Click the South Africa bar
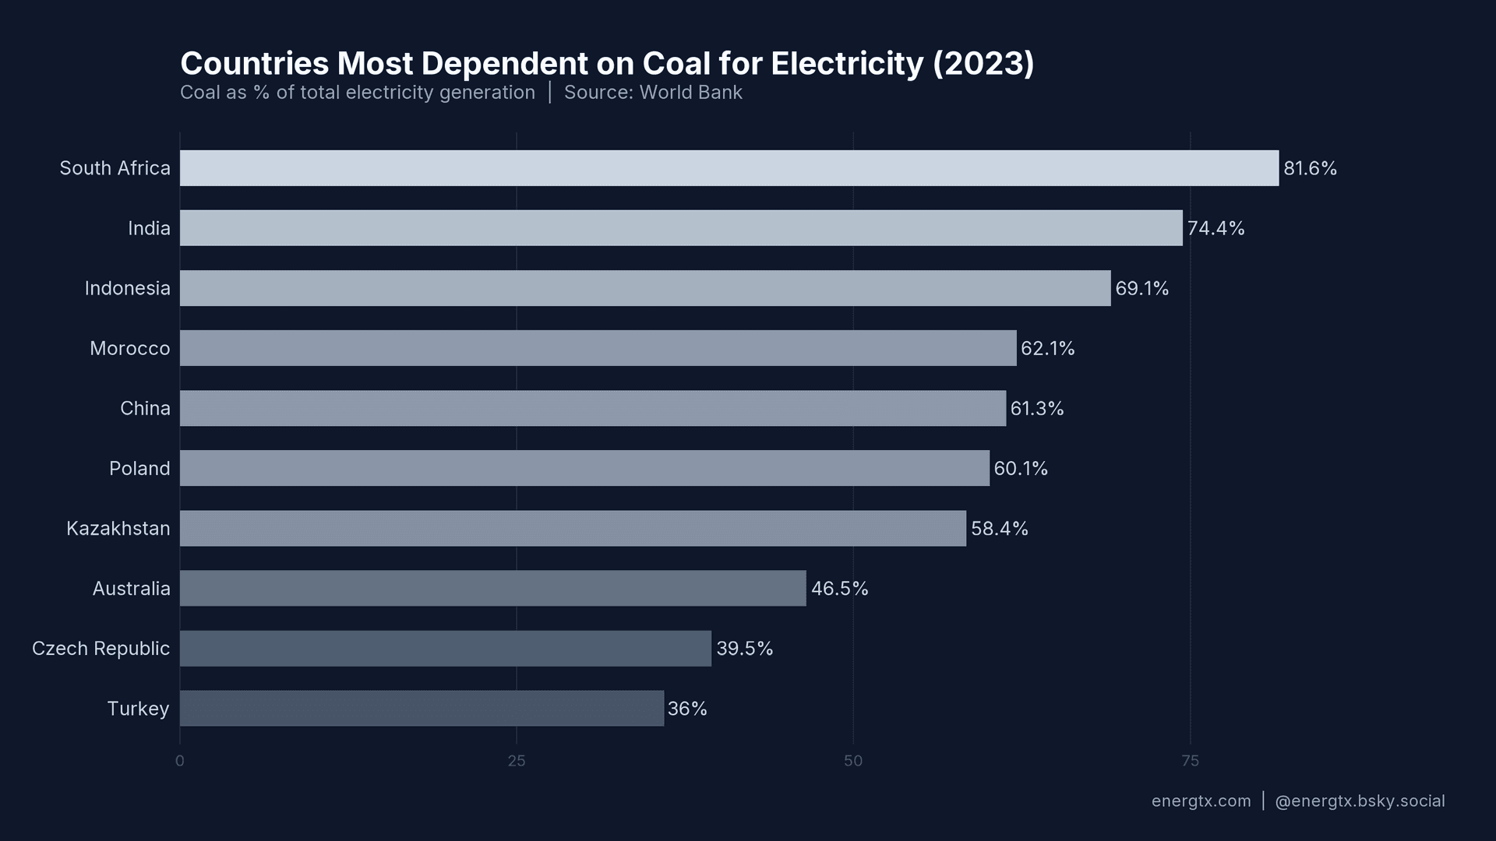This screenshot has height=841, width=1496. click(x=729, y=168)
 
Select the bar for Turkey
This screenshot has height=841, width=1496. click(x=422, y=709)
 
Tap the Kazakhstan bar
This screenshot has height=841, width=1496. click(x=573, y=529)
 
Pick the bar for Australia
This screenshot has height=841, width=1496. click(x=492, y=589)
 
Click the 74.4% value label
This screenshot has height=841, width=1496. click(x=1215, y=228)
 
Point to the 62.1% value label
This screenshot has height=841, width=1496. click(x=1047, y=349)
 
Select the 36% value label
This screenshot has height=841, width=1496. click(x=687, y=709)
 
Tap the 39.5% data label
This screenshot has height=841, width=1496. click(x=744, y=649)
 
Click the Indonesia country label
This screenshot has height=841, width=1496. click(x=127, y=289)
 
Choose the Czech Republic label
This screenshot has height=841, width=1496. click(x=101, y=649)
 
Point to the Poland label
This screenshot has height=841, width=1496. click(x=139, y=469)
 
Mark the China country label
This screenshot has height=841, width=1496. click(x=145, y=409)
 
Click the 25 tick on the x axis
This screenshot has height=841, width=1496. click(x=517, y=761)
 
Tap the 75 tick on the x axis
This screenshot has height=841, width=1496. click(x=1190, y=761)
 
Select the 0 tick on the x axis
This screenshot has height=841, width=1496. click(x=180, y=761)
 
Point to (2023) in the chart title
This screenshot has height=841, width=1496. click(x=983, y=64)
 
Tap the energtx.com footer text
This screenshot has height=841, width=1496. click(x=1201, y=801)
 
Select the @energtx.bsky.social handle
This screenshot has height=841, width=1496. click(x=1360, y=801)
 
